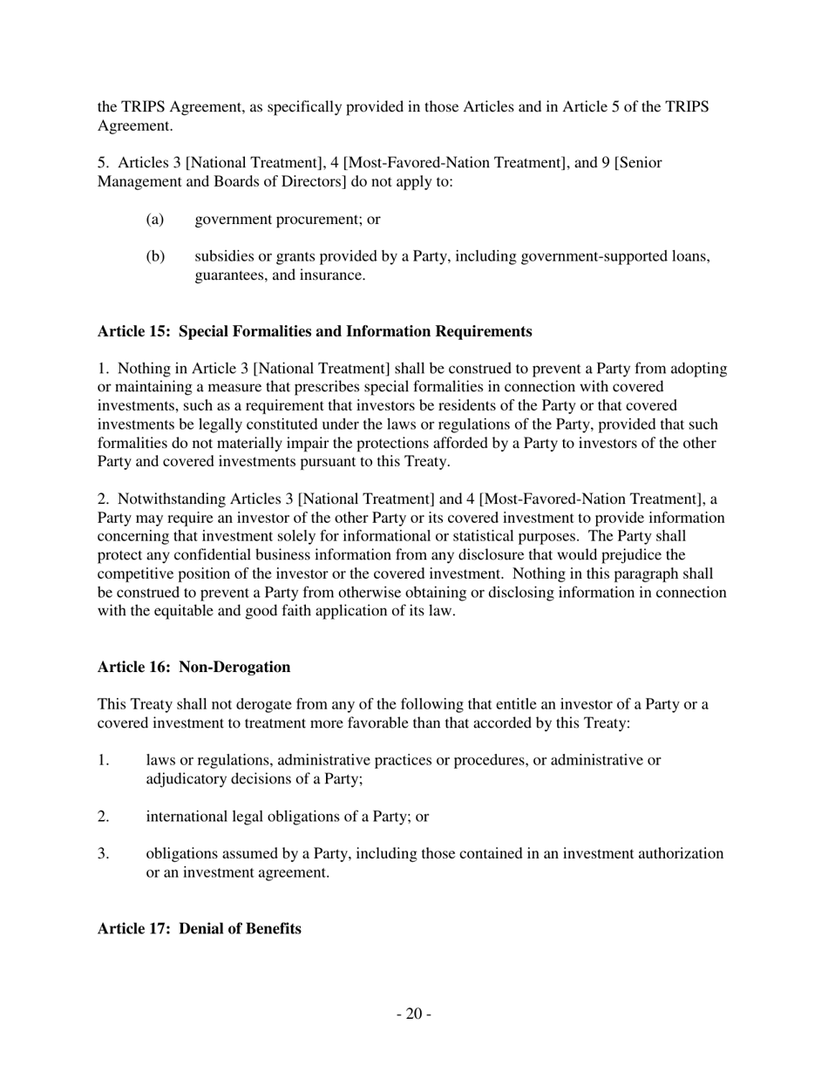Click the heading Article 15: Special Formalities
click(314, 331)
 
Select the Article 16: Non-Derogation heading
click(193, 667)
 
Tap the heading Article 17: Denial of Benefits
click(200, 928)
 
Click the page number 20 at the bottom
click(413, 1014)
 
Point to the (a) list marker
click(155, 220)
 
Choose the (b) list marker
click(155, 256)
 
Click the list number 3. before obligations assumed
click(104, 853)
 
